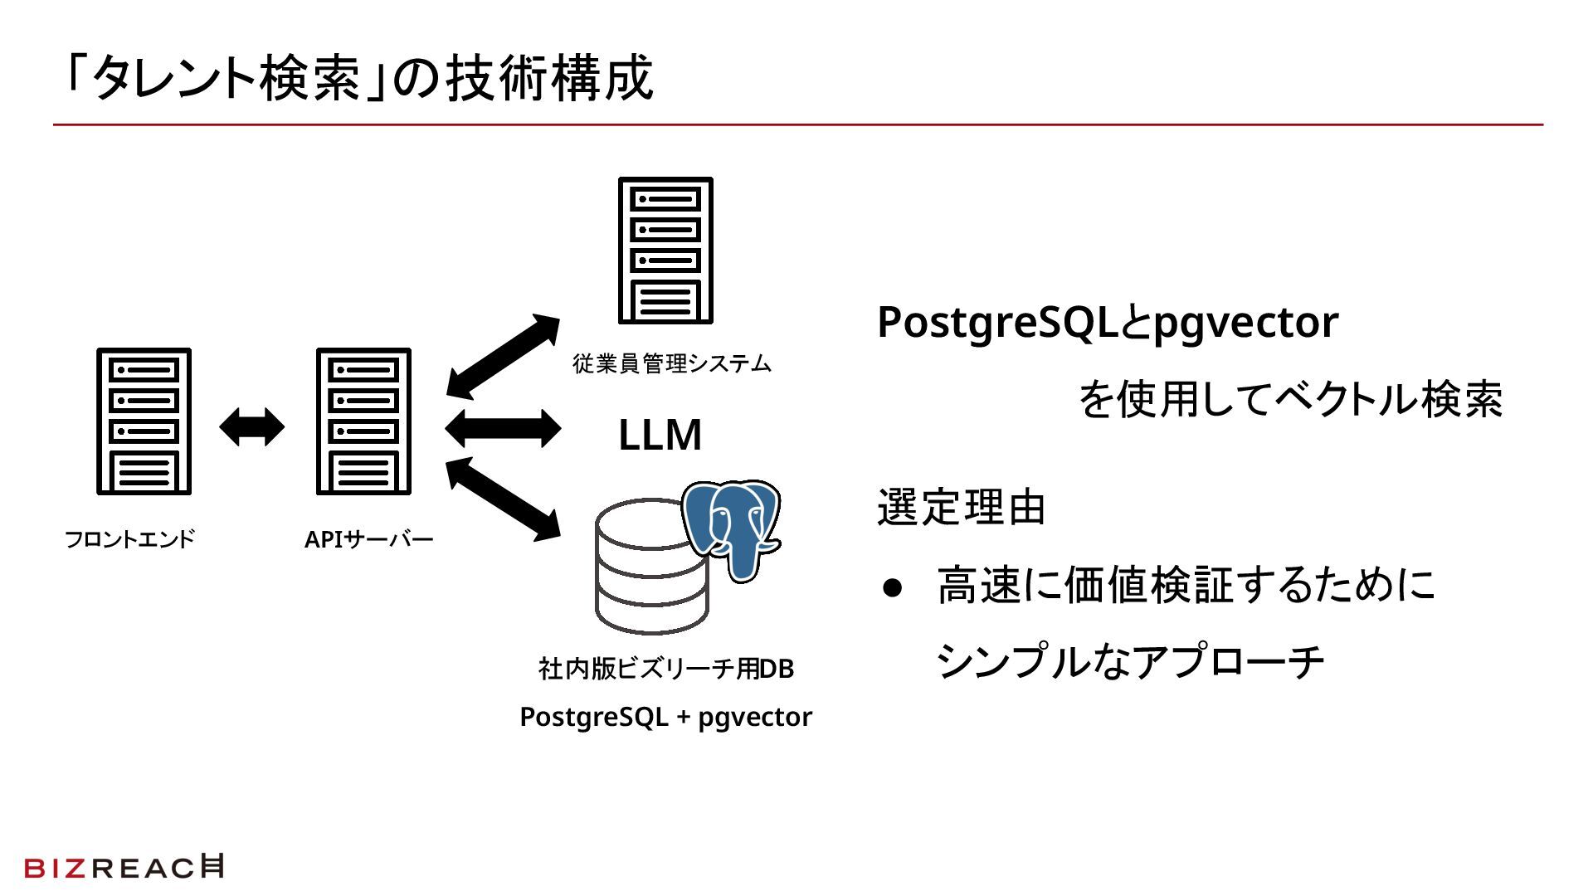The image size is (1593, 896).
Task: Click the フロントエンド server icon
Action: pyautogui.click(x=144, y=421)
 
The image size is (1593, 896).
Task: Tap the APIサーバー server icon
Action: pyautogui.click(x=363, y=421)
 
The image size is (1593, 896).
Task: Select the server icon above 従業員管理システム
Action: pyautogui.click(x=665, y=251)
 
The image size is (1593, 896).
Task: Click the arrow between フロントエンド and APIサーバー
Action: pyautogui.click(x=251, y=428)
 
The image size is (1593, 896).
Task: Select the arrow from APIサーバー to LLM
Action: pyautogui.click(x=503, y=428)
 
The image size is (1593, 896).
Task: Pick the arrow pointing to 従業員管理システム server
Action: pyautogui.click(x=503, y=357)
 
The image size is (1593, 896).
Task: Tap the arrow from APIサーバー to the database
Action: pyautogui.click(x=503, y=499)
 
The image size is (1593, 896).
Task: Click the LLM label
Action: pyautogui.click(x=660, y=435)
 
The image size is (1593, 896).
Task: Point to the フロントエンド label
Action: pyautogui.click(x=129, y=539)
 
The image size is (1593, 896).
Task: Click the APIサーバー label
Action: pyautogui.click(x=369, y=539)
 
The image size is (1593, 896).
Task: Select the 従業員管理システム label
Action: pyautogui.click(x=672, y=363)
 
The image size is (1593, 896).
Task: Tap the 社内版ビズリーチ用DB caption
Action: pyautogui.click(x=666, y=669)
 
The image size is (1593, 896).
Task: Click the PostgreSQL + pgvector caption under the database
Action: pyautogui.click(x=665, y=717)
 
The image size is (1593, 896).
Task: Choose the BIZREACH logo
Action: pyautogui.click(x=124, y=867)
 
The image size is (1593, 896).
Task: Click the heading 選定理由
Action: pyautogui.click(x=961, y=508)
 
